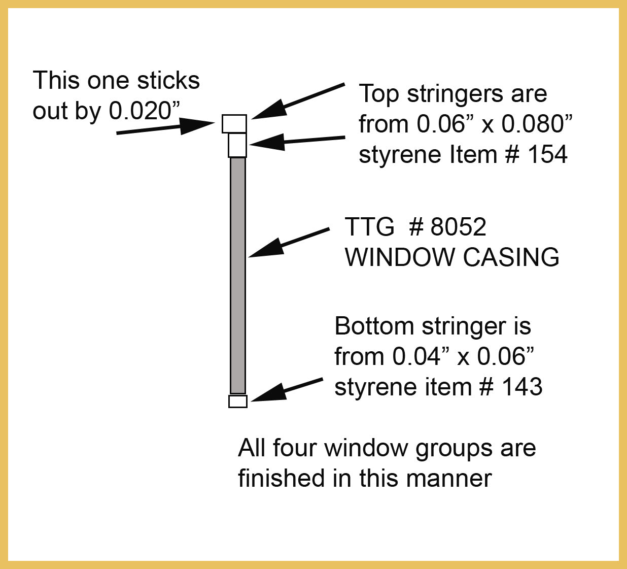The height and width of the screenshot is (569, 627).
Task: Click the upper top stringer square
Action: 234,124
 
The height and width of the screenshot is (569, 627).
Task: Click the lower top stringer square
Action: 237,145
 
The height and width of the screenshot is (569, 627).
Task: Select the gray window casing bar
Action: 237,275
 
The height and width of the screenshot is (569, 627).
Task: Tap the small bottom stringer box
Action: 238,401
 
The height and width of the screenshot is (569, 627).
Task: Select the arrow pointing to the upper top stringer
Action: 298,102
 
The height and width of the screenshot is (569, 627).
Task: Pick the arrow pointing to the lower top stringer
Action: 297,141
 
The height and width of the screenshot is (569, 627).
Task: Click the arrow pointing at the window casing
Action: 289,243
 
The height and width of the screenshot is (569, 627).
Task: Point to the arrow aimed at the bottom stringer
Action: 287,390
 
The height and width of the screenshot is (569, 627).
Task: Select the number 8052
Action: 458,226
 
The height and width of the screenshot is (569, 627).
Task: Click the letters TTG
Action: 369,226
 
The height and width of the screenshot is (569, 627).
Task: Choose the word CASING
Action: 511,257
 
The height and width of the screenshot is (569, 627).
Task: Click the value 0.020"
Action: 145,111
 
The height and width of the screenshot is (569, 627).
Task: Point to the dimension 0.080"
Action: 537,124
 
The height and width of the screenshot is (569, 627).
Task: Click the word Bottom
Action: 374,326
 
